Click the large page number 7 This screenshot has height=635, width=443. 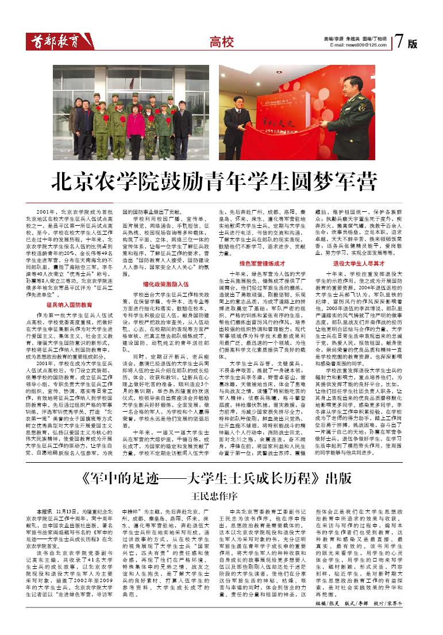coord(400,41)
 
